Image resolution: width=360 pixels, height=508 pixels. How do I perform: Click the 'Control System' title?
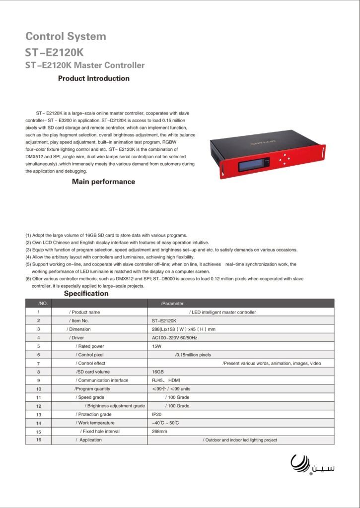66,37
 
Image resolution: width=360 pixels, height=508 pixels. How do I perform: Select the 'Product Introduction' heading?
94,78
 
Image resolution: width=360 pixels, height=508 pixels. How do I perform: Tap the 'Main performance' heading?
103,182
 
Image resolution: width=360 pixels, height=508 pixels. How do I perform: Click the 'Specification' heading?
86,293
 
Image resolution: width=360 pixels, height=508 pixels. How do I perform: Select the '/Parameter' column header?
172,303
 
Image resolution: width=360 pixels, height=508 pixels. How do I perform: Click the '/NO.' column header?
42,303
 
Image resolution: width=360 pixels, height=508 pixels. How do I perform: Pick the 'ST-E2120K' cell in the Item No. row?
164,320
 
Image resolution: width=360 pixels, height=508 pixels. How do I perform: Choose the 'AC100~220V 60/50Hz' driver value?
174,338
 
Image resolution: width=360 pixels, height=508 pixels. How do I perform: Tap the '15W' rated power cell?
156,346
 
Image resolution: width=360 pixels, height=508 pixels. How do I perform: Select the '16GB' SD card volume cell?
158,372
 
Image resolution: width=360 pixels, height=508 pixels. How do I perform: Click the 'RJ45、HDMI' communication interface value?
166,380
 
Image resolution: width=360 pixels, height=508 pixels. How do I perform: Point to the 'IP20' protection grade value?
157,414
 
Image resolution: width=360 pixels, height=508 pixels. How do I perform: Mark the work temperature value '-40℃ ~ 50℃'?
165,423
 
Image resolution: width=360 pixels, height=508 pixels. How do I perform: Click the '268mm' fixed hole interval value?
159,432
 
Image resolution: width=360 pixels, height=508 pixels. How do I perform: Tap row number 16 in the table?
38,440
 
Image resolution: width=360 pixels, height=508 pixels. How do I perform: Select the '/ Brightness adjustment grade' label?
115,406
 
